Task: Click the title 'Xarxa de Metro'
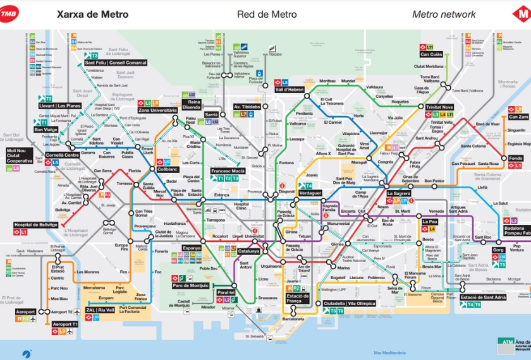(92, 14)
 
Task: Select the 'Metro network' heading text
(444, 14)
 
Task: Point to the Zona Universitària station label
(157, 111)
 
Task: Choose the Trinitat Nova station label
(439, 107)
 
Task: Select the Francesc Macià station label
(228, 171)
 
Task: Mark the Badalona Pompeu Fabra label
(517, 231)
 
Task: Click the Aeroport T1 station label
(65, 324)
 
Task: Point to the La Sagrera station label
(399, 193)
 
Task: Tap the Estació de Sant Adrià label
(483, 297)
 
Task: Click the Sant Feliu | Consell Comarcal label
(116, 63)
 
